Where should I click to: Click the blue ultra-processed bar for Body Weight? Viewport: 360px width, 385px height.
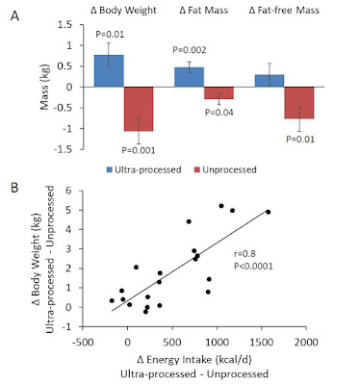109,71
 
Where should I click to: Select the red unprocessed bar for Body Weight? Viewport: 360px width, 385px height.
139,109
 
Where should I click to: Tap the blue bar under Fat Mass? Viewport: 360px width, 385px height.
189,77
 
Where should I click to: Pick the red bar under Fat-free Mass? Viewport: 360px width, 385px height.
299,103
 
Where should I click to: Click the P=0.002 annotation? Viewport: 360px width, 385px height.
190,50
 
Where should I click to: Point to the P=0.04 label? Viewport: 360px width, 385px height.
219,113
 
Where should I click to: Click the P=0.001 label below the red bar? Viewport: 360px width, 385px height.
139,150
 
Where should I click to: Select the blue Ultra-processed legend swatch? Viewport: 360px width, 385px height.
110,169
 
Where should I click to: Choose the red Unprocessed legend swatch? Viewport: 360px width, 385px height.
197,169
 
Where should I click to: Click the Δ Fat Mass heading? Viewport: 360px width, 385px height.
204,11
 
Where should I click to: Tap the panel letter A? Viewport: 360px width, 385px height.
14,16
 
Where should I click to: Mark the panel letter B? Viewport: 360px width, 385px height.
14,188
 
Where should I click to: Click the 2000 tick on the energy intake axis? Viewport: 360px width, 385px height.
306,342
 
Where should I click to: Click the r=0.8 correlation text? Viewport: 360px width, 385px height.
244,254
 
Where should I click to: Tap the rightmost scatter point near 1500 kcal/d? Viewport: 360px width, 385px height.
269,212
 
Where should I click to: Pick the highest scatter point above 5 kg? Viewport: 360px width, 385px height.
221,206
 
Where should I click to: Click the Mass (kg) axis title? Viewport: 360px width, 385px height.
45,88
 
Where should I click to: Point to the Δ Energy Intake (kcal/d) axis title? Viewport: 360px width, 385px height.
194,360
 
